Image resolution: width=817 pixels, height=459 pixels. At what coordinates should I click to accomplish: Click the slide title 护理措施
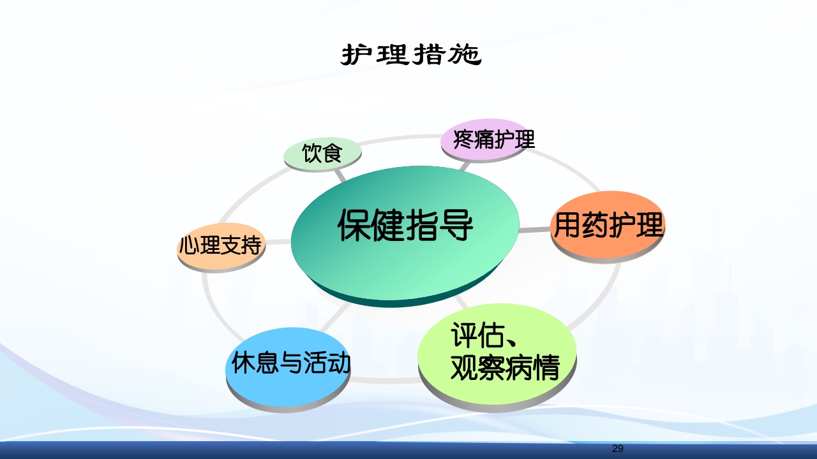[x=410, y=55]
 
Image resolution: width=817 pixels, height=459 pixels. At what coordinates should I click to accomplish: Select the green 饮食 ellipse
[x=322, y=154]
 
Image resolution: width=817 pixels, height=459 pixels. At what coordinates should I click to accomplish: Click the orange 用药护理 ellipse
[x=608, y=225]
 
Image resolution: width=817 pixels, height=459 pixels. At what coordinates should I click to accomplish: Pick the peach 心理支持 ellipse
[x=221, y=246]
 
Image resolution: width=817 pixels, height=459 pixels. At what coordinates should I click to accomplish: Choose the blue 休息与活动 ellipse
[x=289, y=365]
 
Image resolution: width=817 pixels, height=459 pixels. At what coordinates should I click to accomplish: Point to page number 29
[x=617, y=449]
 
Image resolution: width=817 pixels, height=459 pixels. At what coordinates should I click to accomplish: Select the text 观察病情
[x=505, y=367]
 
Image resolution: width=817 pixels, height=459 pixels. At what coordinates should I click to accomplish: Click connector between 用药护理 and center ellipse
[x=534, y=229]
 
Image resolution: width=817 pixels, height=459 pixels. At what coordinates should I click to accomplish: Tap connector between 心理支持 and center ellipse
[x=278, y=242]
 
